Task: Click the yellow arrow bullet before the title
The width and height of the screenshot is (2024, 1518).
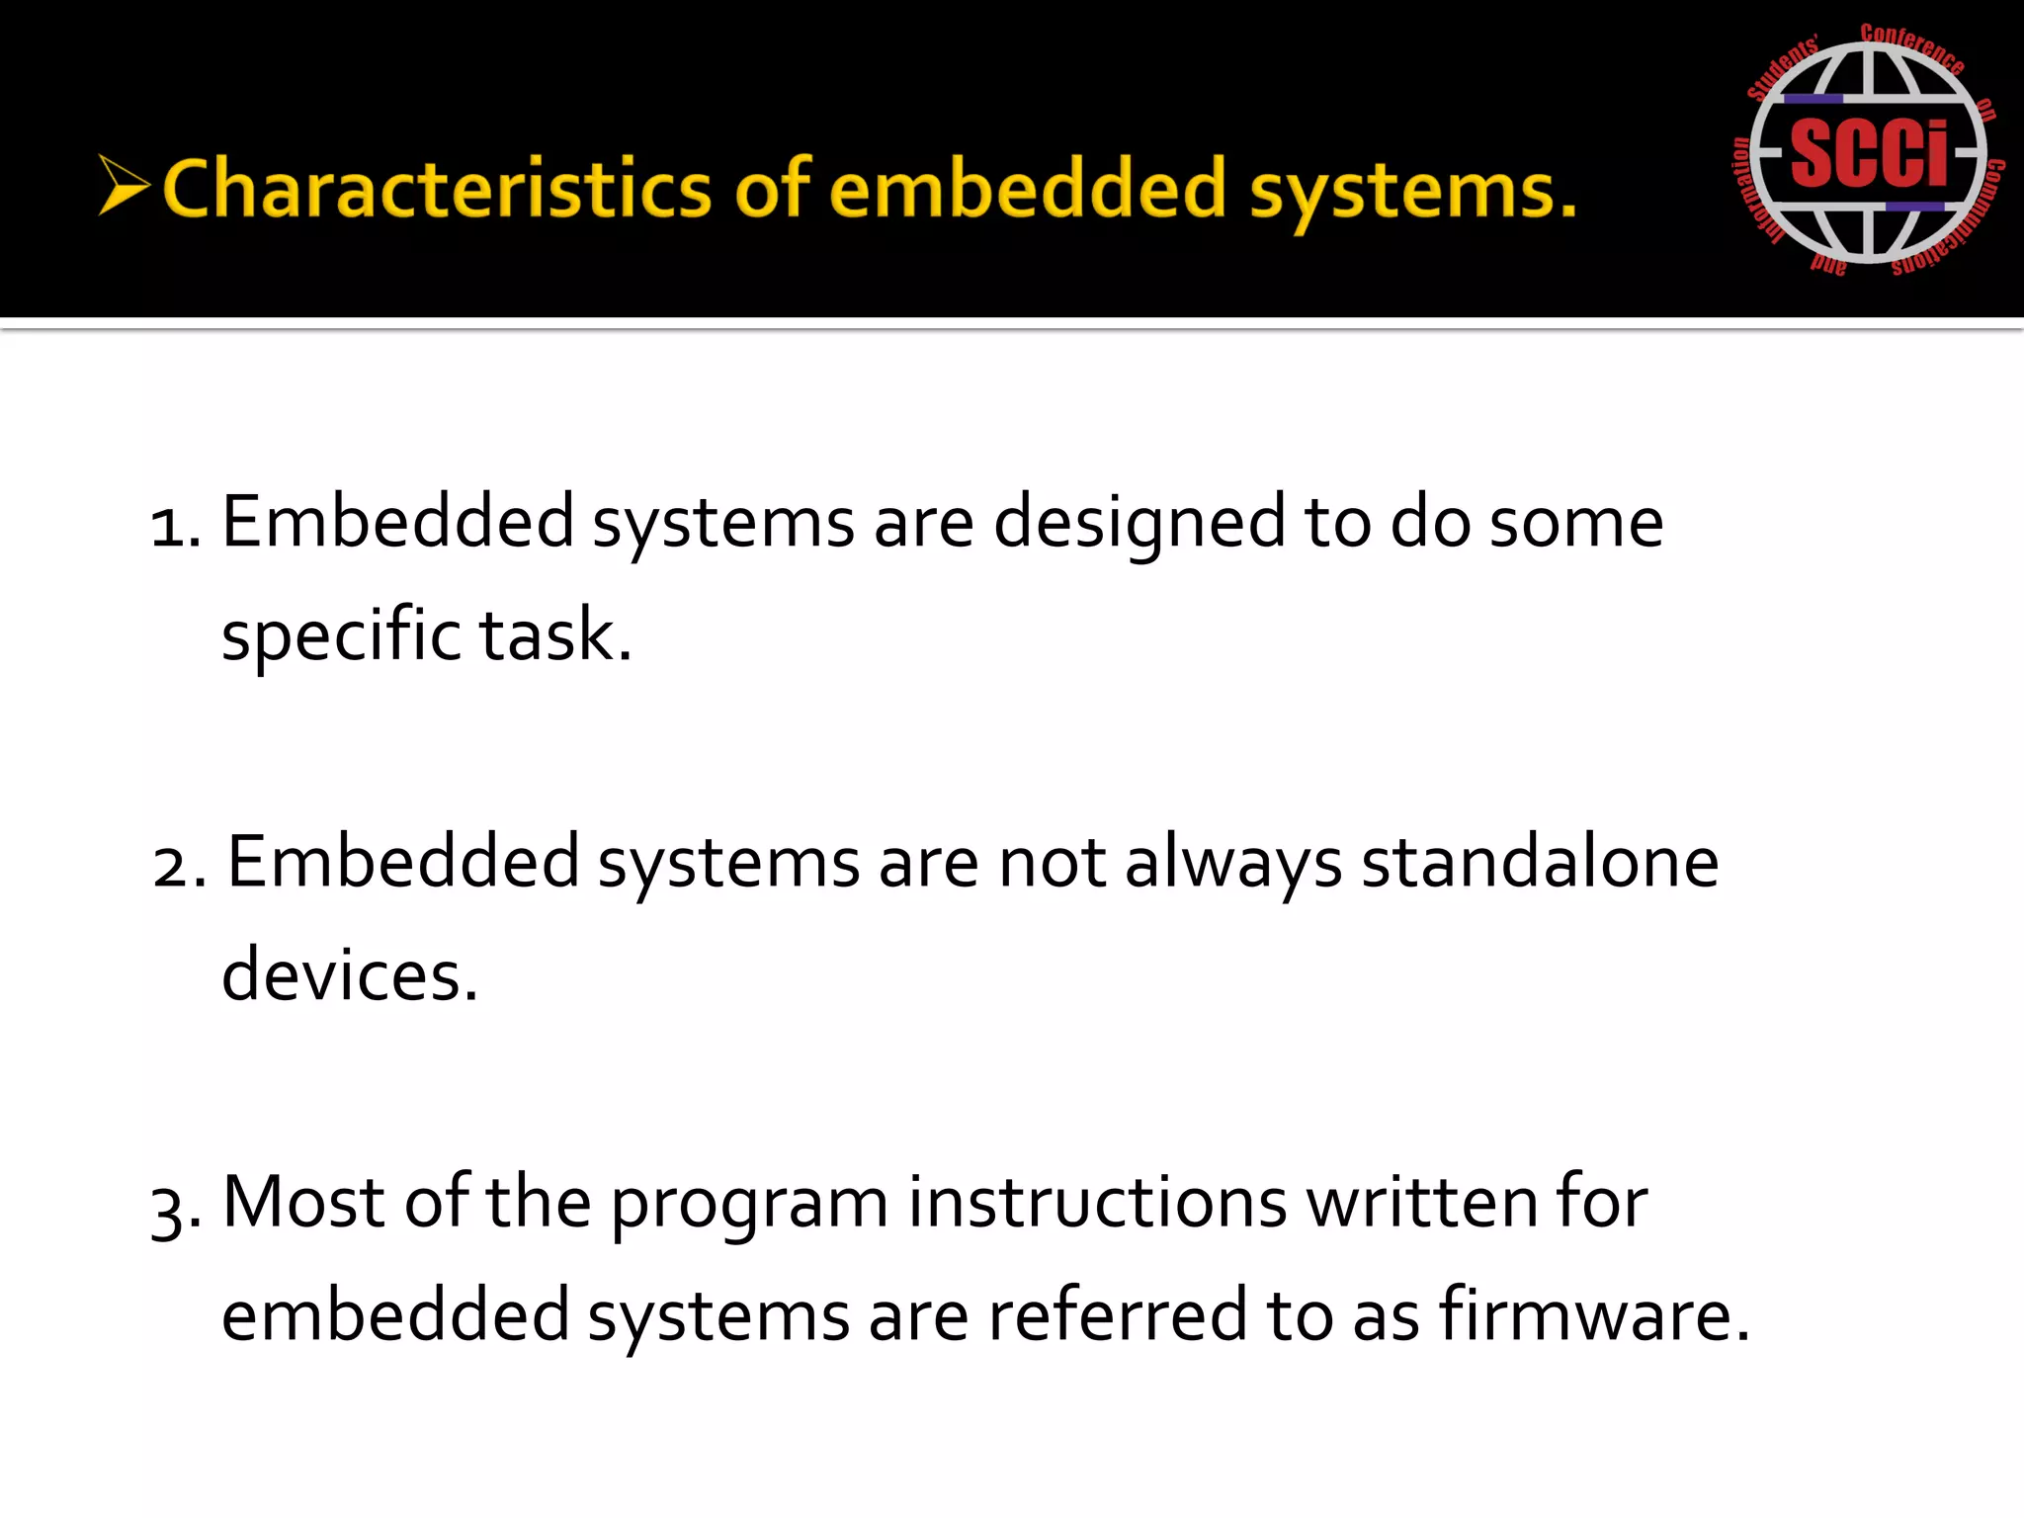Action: [x=124, y=185]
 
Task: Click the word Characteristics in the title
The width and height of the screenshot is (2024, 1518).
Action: [x=436, y=189]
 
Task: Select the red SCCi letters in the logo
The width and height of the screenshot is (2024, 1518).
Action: [x=1868, y=153]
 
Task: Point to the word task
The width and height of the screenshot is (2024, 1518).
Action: [x=554, y=635]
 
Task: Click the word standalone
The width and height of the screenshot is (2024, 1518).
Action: [x=1540, y=863]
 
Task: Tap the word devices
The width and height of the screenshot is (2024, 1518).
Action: [x=349, y=976]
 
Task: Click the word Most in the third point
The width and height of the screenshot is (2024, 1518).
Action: [x=303, y=1203]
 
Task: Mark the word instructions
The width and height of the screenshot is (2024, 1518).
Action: [x=1097, y=1203]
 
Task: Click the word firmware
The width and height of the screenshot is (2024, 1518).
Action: [x=1593, y=1315]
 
